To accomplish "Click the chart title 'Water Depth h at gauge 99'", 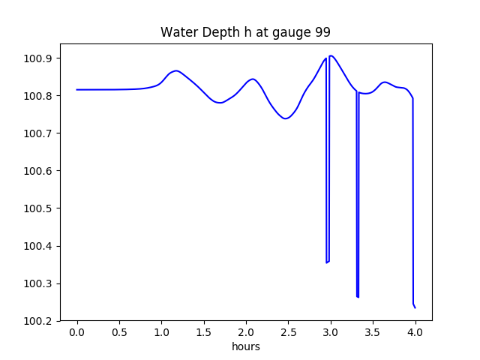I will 245,32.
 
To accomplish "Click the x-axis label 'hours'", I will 245,347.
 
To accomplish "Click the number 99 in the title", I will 322,32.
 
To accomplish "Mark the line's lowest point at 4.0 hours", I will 415,307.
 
